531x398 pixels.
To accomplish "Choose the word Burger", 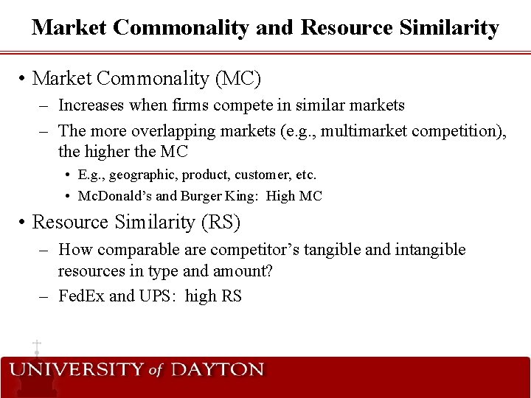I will [x=195, y=196].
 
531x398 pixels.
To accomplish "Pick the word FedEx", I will [x=81, y=296].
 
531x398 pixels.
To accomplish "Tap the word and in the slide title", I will [x=275, y=28].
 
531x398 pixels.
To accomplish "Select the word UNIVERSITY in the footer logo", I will [x=76, y=370].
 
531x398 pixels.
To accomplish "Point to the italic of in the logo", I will [x=155, y=371].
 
